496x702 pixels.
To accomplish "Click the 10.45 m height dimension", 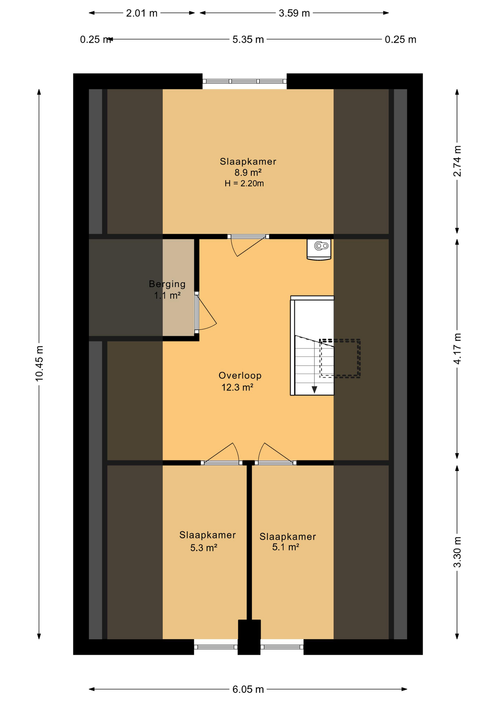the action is click(39, 363).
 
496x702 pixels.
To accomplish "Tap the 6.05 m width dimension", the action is click(248, 689).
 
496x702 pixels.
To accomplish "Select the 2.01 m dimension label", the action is click(142, 13).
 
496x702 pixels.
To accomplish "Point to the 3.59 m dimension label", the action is click(294, 13).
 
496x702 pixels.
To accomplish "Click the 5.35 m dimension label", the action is click(248, 39).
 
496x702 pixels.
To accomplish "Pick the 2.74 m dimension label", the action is click(457, 161).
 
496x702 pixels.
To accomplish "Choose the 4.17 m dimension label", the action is click(457, 348).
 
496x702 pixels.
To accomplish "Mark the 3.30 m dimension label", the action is click(457, 552).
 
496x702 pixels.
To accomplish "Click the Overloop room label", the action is click(240, 375).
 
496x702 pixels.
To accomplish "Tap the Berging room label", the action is click(167, 284).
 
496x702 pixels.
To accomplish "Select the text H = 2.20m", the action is click(244, 184).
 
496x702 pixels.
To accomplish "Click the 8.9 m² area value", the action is click(248, 172).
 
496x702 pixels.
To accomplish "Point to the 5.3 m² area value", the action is click(204, 548).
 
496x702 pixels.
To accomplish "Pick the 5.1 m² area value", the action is click(286, 547).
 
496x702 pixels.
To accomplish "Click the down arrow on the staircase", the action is click(314, 390).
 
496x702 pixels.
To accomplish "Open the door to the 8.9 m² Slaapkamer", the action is click(248, 245).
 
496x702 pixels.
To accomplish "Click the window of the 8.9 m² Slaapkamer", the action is click(244, 82).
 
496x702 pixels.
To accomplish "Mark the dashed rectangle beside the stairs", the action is click(340, 358).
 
